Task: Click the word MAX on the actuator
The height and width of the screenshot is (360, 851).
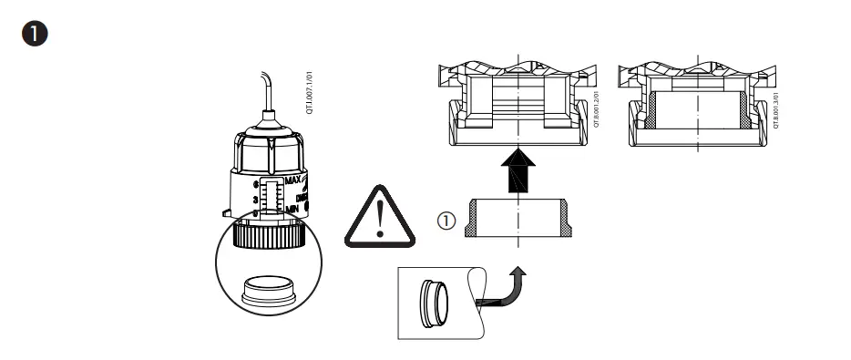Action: (293, 181)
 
